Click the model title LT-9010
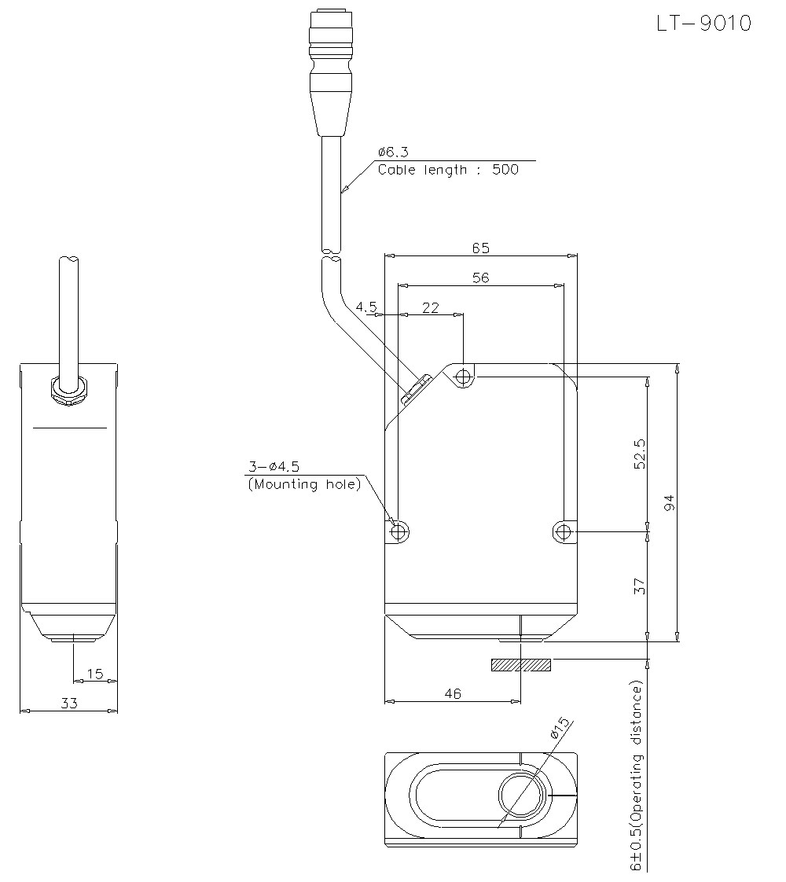[x=704, y=24]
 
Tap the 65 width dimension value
[x=481, y=248]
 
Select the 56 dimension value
[x=481, y=277]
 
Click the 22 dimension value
[x=430, y=307]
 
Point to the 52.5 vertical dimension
[x=640, y=454]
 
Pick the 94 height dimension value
[x=669, y=503]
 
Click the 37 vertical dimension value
[x=640, y=586]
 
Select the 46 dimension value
[x=453, y=693]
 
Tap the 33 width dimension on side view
[x=69, y=703]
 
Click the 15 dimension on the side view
[x=95, y=674]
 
